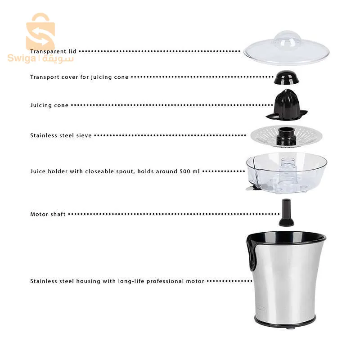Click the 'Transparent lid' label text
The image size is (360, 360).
tap(53, 51)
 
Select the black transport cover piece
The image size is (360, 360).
tap(287, 77)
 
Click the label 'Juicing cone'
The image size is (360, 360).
tap(49, 105)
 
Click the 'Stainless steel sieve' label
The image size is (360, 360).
tap(61, 135)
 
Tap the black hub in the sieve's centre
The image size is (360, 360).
tap(286, 136)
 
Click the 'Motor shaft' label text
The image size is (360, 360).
tap(48, 214)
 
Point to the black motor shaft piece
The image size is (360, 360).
tap(286, 212)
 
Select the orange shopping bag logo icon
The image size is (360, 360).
tap(40, 31)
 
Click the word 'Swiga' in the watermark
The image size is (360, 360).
tap(22, 58)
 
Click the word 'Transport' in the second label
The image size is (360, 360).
tap(45, 77)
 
